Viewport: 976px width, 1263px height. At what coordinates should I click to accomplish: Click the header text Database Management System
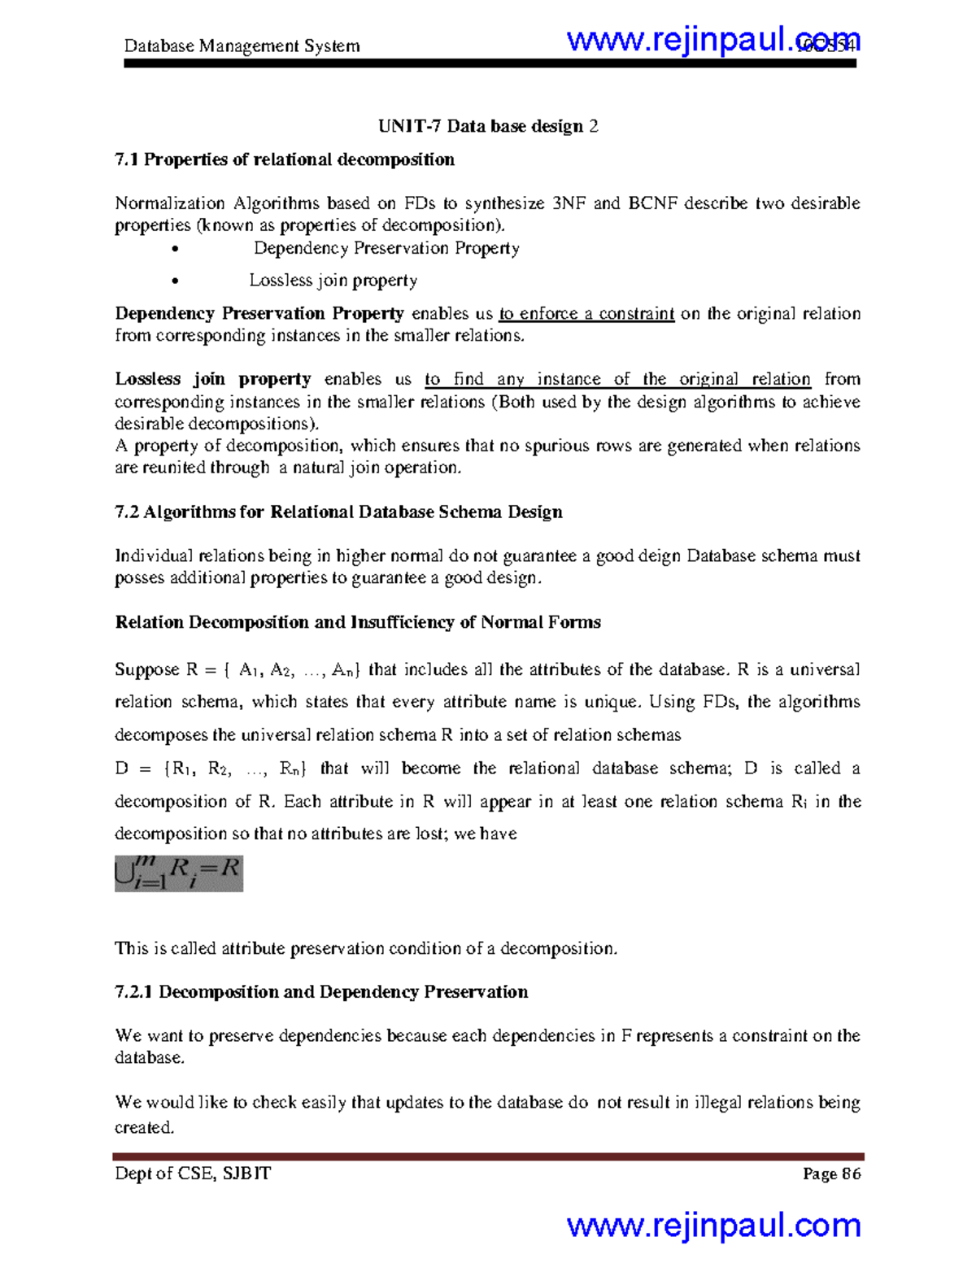242,46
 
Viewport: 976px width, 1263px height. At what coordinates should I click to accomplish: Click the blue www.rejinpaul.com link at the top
712,39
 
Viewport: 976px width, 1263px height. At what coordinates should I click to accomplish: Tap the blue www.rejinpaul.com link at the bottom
713,1226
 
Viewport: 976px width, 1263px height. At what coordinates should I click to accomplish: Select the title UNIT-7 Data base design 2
488,126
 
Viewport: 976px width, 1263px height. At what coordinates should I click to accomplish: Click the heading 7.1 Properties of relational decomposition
285,159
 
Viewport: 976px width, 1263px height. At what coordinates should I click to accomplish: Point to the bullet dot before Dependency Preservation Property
175,250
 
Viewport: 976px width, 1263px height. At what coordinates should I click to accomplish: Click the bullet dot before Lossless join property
175,281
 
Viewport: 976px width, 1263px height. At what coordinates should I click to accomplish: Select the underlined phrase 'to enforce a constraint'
586,314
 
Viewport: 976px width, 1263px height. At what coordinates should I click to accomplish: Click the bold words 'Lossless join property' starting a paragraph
212,379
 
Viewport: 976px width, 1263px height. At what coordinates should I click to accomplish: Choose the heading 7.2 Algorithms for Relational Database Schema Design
338,512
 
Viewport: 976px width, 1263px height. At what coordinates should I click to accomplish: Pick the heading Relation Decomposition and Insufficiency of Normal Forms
358,622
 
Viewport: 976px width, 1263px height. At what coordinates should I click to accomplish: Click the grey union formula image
179,873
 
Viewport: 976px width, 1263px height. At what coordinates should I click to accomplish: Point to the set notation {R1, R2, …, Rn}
234,769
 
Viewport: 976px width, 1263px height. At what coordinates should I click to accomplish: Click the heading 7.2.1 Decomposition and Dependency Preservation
321,992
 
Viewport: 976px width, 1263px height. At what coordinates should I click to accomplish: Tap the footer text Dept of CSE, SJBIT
193,1174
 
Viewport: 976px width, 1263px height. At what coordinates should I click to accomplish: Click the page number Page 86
831,1174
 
